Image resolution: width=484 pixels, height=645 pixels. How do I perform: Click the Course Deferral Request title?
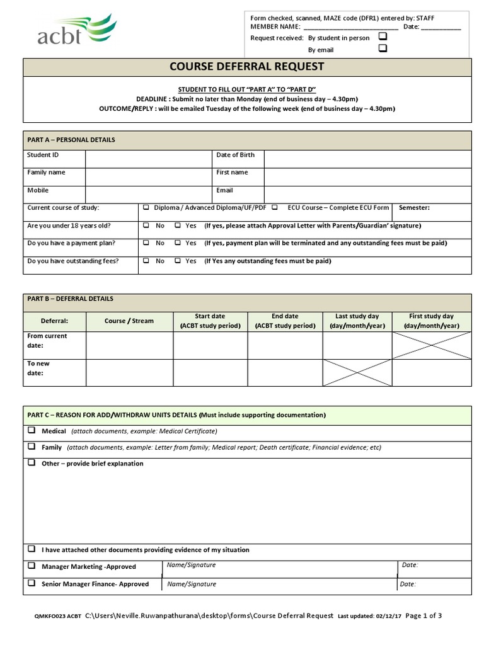[x=247, y=66]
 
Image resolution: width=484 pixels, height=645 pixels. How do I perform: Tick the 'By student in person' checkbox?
[x=383, y=37]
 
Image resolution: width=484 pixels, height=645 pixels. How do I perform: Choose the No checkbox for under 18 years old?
[x=146, y=225]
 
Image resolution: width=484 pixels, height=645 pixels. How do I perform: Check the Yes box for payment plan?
[x=178, y=243]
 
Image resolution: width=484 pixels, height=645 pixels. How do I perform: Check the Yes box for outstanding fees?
[x=178, y=261]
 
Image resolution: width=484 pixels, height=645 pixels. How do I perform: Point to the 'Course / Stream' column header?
[x=129, y=321]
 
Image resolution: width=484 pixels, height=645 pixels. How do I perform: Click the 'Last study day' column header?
[x=357, y=321]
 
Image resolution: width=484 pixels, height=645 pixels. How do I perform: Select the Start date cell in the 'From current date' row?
[x=210, y=345]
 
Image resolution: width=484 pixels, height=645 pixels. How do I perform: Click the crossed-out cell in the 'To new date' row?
[x=357, y=373]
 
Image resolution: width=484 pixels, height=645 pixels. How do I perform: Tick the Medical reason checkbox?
[x=31, y=431]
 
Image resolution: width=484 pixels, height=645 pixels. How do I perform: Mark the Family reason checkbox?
[x=31, y=447]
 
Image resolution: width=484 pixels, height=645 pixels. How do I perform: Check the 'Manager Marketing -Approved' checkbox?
[x=31, y=566]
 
